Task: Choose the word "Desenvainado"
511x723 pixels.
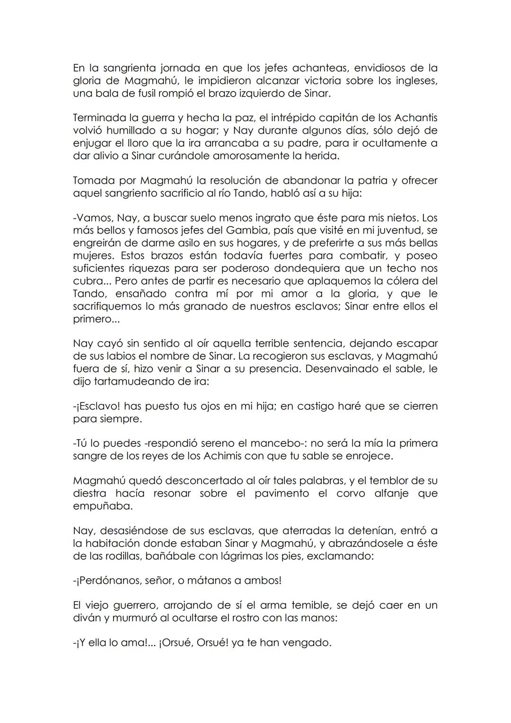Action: coord(344,368)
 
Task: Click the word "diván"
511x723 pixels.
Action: coord(87,618)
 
